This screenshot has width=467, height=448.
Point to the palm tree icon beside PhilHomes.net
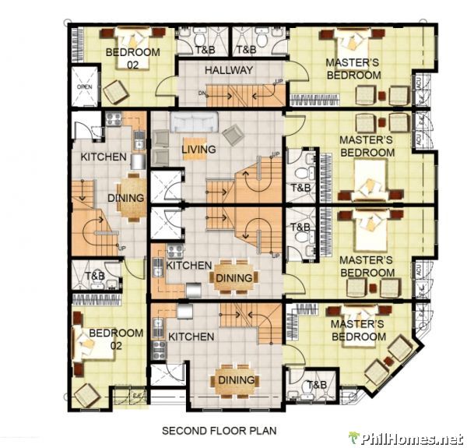tap(355, 438)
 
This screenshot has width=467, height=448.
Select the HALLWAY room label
tap(229, 70)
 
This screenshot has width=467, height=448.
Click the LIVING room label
tap(199, 149)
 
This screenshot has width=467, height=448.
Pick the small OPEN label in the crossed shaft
tap(84, 87)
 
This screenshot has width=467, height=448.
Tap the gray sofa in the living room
tap(195, 122)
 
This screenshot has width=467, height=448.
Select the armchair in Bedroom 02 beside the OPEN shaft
tap(116, 93)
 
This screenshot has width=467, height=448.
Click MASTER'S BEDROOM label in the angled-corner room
tap(359, 330)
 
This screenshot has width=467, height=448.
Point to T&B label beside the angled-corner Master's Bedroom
tap(316, 385)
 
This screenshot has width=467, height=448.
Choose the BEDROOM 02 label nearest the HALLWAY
tap(132, 58)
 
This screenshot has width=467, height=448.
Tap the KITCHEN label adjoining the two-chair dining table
tap(104, 157)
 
